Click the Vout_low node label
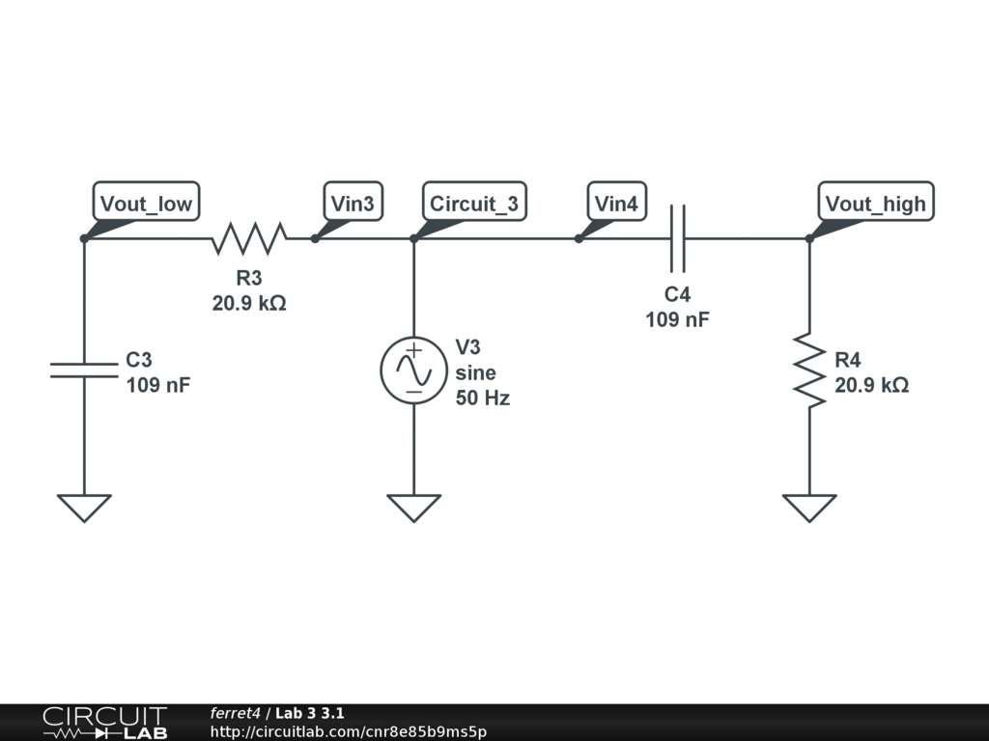point(146,204)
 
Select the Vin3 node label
point(352,204)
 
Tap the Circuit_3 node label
point(473,204)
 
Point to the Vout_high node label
point(875,204)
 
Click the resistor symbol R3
point(249,237)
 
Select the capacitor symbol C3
point(84,370)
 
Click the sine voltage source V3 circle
point(413,370)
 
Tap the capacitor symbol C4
point(677,237)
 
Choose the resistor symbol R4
point(809,370)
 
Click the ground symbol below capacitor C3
point(84,507)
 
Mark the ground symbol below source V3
point(413,507)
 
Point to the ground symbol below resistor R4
point(809,507)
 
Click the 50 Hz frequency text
point(482,398)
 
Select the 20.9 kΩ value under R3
point(249,303)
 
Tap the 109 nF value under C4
point(677,319)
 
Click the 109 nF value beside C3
point(157,385)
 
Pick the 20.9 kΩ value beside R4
point(871,385)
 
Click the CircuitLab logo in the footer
point(104,723)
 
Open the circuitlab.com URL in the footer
point(348,731)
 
